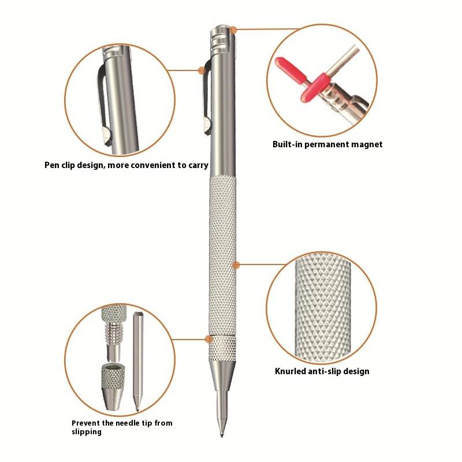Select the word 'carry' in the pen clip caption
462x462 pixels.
click(198, 165)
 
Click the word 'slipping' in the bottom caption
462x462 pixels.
click(87, 432)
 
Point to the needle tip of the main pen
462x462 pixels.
click(222, 437)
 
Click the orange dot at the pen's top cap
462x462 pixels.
click(233, 30)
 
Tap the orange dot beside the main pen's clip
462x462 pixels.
click(202, 70)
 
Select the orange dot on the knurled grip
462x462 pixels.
click(236, 265)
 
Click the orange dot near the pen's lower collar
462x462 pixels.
click(209, 339)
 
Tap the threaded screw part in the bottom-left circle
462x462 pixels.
click(114, 333)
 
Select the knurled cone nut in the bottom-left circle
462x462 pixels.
click(113, 387)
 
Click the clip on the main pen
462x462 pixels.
click(207, 97)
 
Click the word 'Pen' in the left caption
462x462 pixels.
click(50, 165)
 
